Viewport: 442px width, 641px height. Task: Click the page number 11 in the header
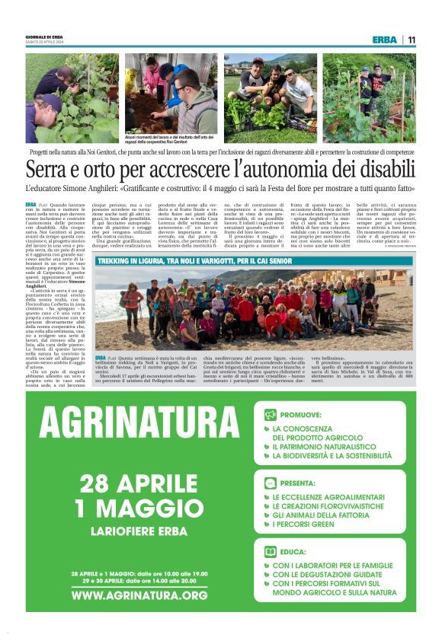(x=411, y=40)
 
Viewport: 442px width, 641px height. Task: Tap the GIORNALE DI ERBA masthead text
(x=43, y=37)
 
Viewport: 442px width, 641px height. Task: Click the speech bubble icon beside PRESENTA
(x=270, y=483)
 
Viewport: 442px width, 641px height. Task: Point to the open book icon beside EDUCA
(x=270, y=552)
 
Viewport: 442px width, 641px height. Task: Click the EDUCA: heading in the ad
(x=294, y=552)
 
